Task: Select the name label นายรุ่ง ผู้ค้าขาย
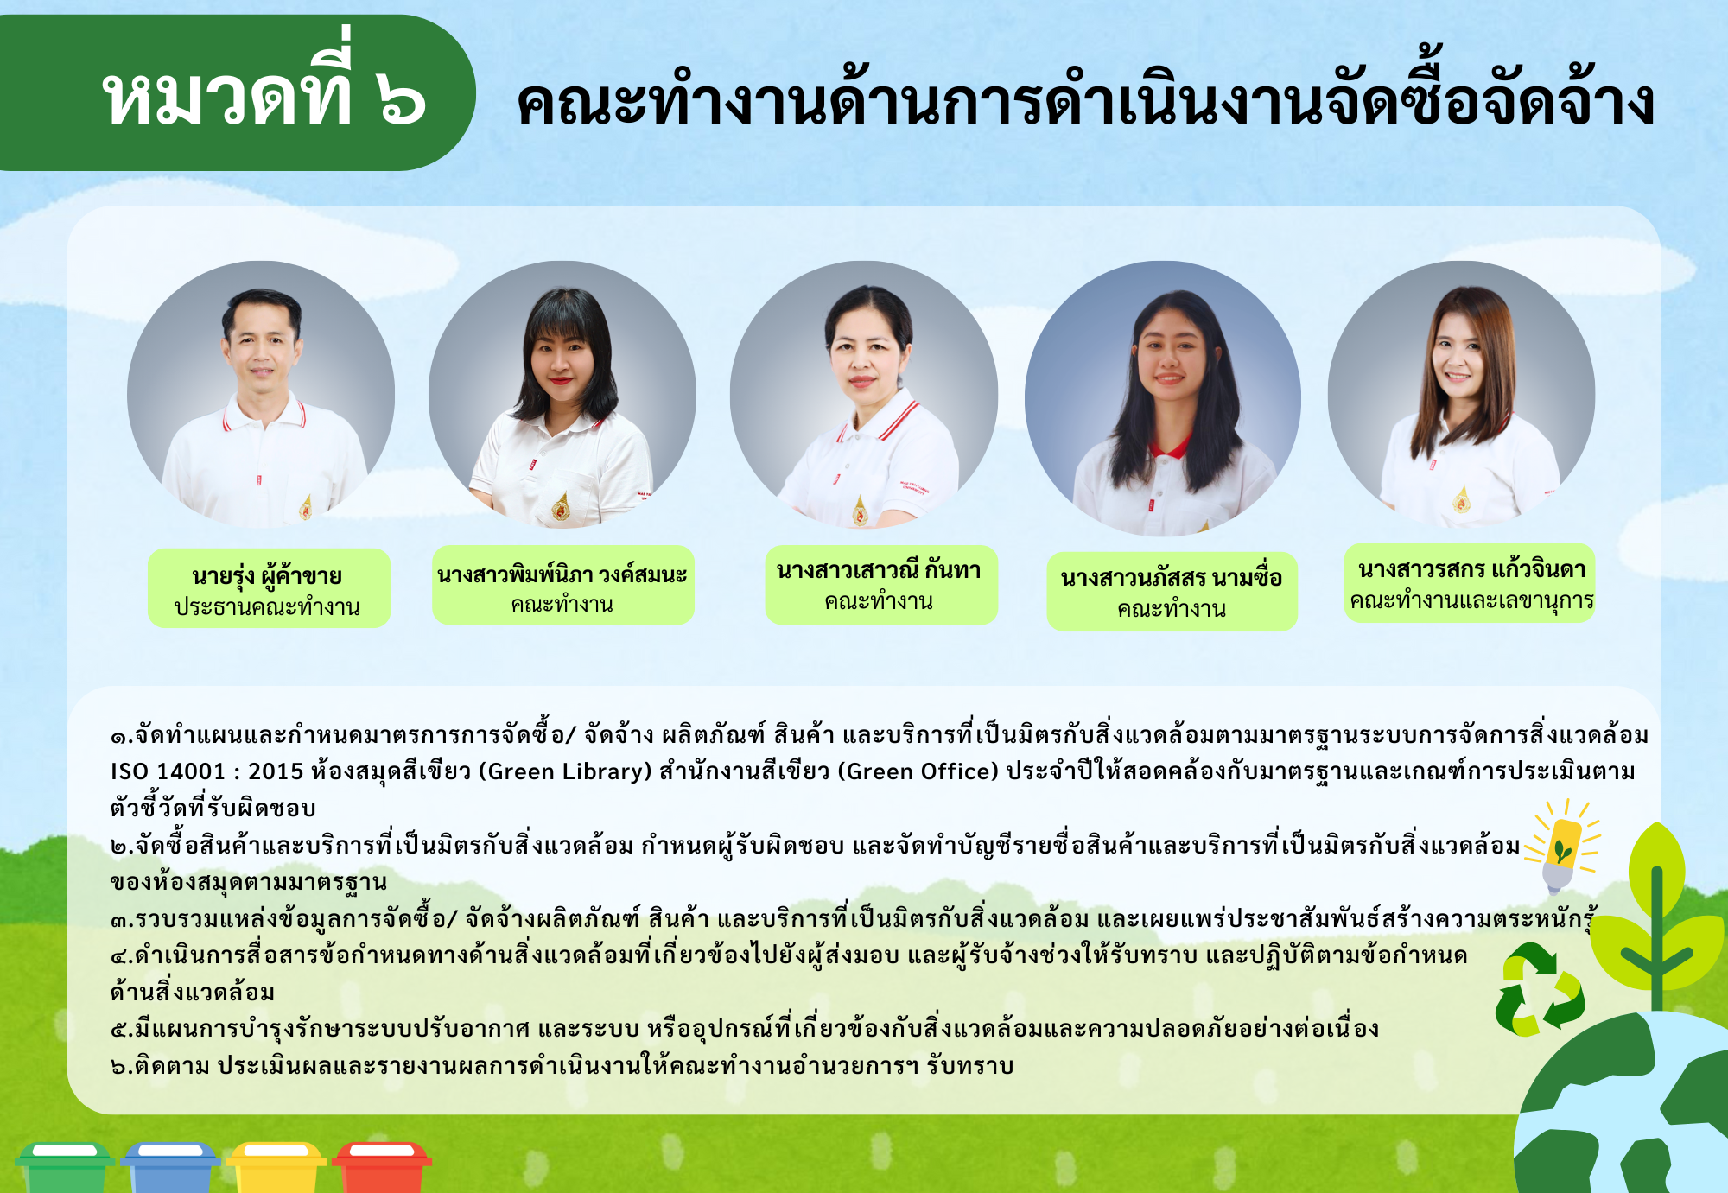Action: [267, 574]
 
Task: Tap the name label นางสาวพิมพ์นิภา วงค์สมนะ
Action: [562, 574]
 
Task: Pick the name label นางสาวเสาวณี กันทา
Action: [879, 569]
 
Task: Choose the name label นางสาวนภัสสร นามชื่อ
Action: [1172, 577]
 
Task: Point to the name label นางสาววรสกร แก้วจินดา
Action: [1471, 568]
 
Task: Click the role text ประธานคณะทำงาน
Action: [267, 606]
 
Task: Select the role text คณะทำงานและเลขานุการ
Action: [1471, 600]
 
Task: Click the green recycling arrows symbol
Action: [1541, 989]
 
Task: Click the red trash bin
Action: [381, 1167]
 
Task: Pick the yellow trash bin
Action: [276, 1167]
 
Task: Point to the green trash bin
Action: [65, 1167]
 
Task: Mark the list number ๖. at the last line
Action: [122, 1066]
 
